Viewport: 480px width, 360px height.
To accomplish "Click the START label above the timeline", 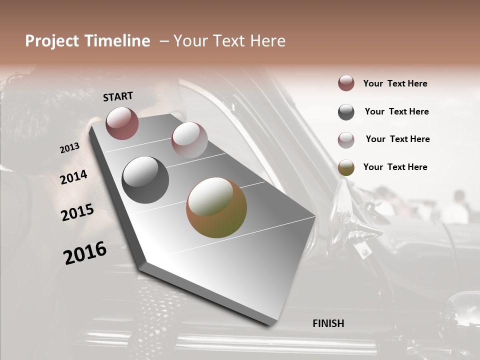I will point(118,96).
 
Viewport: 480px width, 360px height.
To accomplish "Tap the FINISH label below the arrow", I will point(328,323).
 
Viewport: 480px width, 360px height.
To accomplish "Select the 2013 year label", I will point(69,148).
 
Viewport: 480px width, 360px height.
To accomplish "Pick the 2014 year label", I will point(73,177).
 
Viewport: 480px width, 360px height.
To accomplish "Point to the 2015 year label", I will point(77,212).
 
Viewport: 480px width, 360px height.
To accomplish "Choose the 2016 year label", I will point(85,253).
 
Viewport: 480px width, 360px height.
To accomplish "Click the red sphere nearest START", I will point(122,123).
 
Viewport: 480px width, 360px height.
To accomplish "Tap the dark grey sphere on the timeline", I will point(145,180).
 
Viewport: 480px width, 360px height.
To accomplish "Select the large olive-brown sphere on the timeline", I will point(216,207).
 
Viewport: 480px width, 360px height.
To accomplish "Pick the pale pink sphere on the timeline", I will point(189,140).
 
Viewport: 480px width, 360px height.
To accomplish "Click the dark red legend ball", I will point(346,83).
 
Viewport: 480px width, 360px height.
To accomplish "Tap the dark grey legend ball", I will point(346,112).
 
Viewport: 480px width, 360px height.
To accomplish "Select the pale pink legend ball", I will point(346,140).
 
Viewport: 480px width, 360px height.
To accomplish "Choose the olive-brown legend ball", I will point(346,167).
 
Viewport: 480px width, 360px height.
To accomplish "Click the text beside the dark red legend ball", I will point(395,84).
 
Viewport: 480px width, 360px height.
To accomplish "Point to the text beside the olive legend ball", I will point(395,167).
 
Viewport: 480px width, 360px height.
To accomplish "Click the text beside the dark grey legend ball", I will point(396,111).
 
